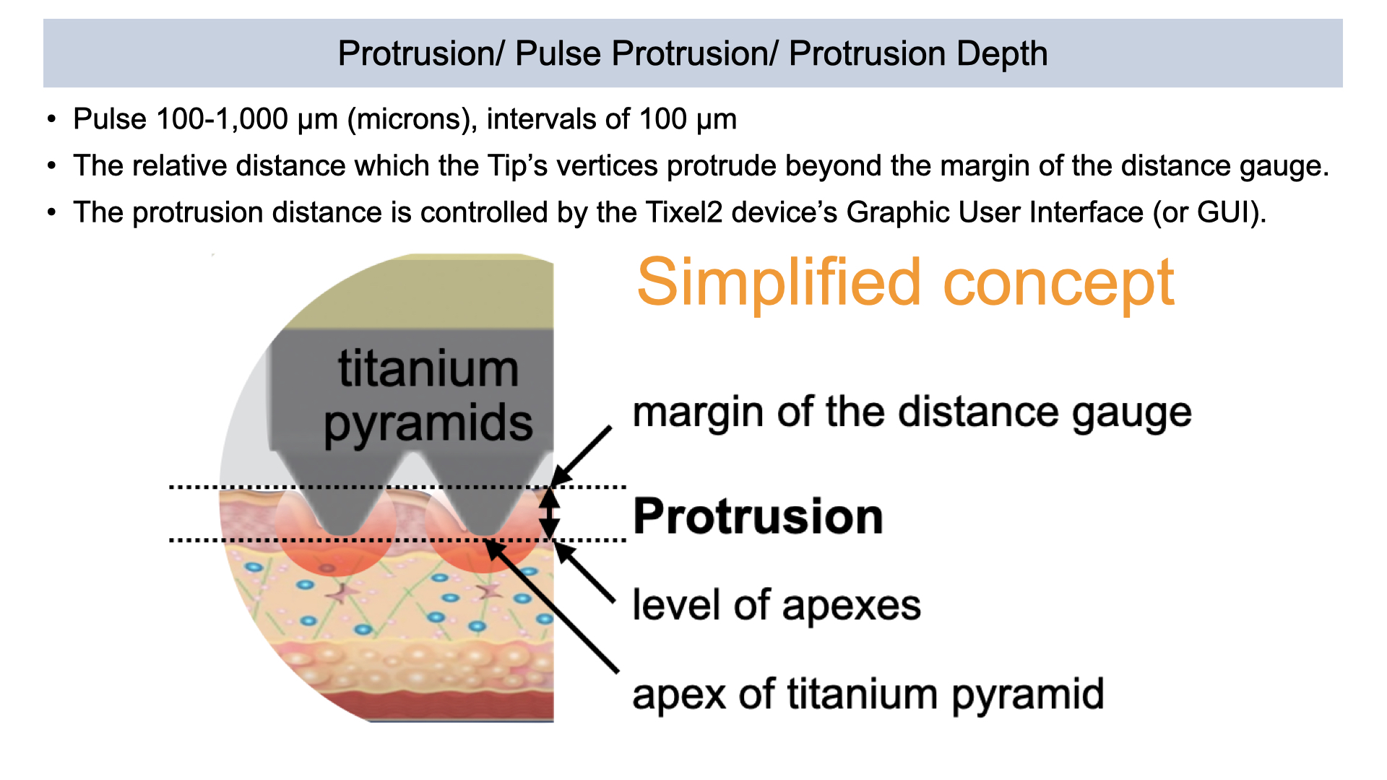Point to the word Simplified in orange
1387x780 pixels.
tap(779, 282)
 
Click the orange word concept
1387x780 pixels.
tap(1059, 284)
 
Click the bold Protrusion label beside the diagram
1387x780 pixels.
tap(758, 516)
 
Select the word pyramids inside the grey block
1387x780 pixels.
tap(428, 425)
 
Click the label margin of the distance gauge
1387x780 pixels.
tap(912, 414)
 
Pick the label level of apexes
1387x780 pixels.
tap(777, 605)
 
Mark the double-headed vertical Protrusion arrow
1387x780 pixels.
tap(550, 513)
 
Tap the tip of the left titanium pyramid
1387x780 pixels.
tap(342, 534)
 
